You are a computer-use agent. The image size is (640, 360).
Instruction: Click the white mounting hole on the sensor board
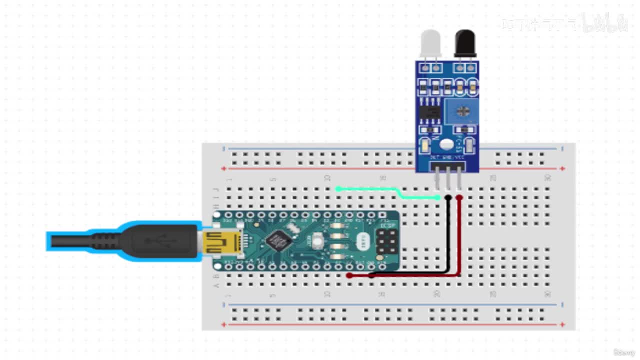447,144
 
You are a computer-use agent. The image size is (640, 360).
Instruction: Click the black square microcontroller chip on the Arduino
278,241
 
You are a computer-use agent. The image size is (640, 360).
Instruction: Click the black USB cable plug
160,241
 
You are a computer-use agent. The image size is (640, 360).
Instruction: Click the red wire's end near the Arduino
349,275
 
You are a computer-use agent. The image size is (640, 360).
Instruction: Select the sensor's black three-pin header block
447,165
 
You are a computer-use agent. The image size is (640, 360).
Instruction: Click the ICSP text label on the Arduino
386,225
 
